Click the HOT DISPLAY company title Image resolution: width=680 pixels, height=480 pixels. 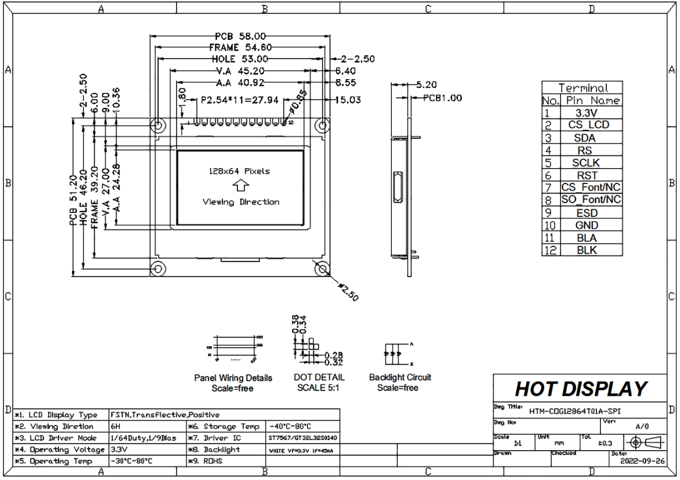pyautogui.click(x=580, y=389)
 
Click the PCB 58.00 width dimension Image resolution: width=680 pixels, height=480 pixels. pyautogui.click(x=241, y=37)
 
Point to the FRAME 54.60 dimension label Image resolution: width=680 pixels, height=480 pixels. pyautogui.click(x=241, y=48)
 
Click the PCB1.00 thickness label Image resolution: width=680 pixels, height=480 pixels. pyautogui.click(x=442, y=98)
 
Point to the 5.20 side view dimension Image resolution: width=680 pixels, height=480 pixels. pyautogui.click(x=426, y=85)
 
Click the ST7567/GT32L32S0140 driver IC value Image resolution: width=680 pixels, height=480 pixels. pyautogui.click(x=303, y=439)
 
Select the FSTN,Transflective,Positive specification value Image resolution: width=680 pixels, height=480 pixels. pyautogui.click(x=165, y=415)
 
